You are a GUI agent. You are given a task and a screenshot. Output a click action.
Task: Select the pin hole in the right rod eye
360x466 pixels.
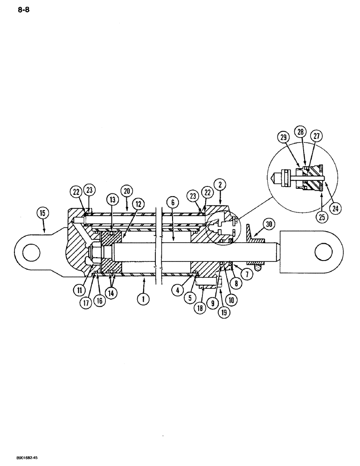tap(322, 253)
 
